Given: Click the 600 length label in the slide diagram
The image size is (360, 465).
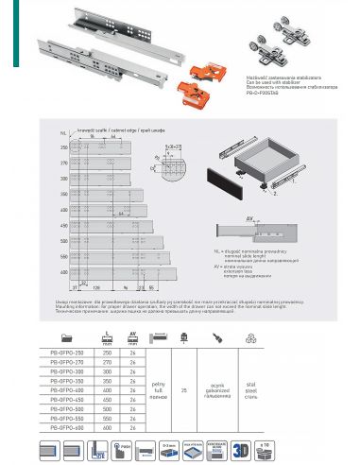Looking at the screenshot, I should [64, 273].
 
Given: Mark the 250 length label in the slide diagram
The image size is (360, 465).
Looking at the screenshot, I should [64, 148].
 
